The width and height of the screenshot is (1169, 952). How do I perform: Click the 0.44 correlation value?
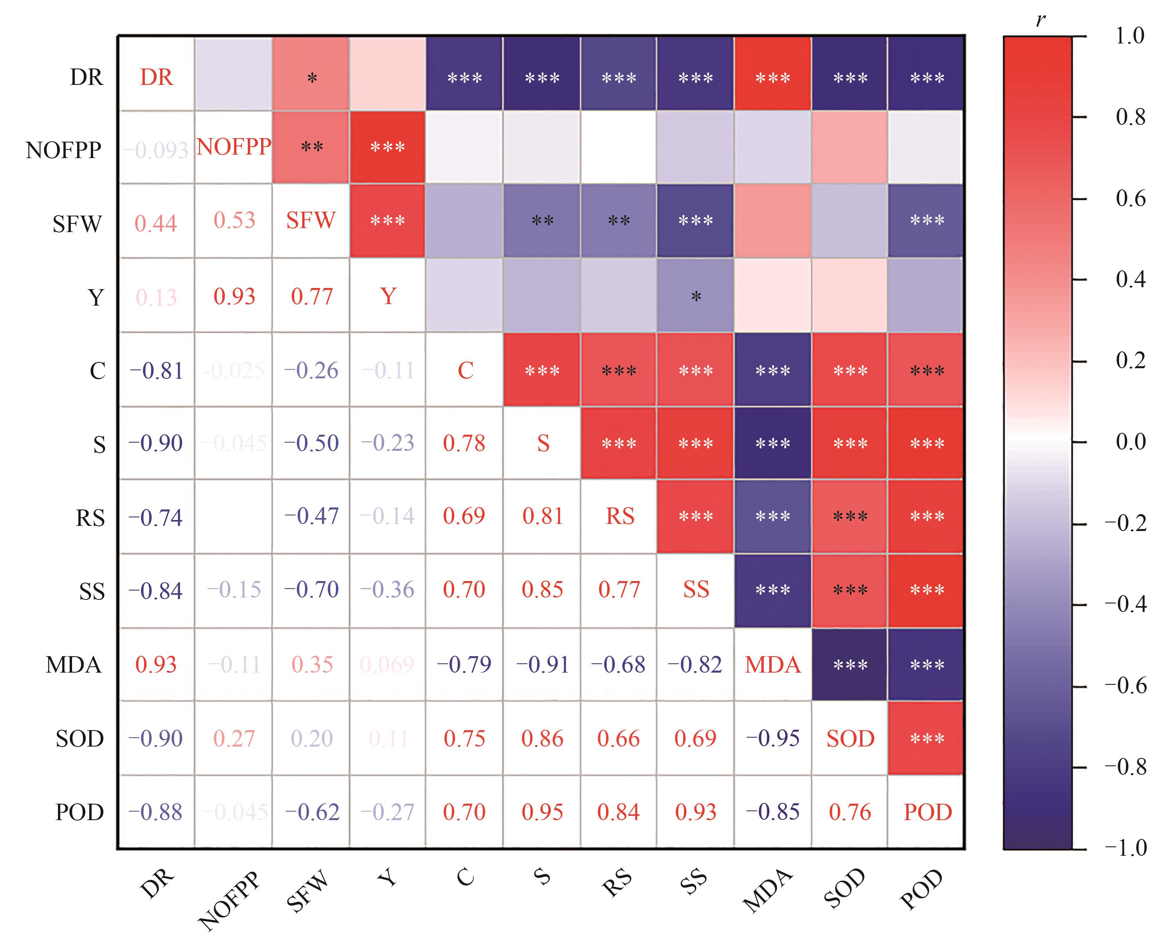point(156,223)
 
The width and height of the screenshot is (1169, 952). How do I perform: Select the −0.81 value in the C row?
point(156,371)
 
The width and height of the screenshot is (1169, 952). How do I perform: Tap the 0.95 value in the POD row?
point(542,812)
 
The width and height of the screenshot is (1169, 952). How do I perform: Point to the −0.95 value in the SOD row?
point(772,738)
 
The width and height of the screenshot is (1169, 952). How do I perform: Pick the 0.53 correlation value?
point(234,220)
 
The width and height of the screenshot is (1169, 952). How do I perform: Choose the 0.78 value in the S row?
point(464,443)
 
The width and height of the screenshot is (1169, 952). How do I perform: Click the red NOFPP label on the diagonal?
point(234,147)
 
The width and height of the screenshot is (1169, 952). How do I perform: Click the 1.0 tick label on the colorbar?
point(1129,36)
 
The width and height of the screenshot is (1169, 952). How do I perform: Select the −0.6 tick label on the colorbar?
point(1125,686)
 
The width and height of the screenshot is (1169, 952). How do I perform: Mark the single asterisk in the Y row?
point(696,297)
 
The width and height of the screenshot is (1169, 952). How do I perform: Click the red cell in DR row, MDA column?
point(772,74)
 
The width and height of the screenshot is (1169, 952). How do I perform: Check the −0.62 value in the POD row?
point(312,812)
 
